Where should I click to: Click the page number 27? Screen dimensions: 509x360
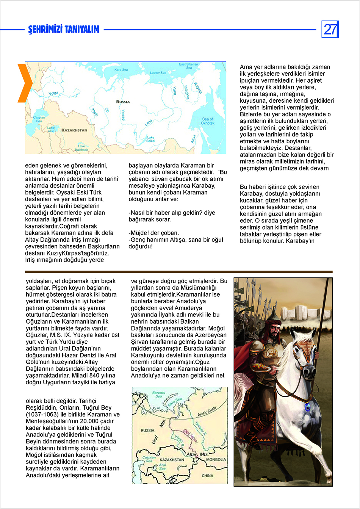coord(330,29)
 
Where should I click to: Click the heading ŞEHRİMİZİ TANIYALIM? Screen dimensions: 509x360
coord(64,30)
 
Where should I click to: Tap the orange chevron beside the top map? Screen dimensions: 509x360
coord(25,83)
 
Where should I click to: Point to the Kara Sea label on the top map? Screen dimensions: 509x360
coord(121,70)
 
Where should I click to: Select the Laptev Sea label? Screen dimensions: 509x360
coord(158,72)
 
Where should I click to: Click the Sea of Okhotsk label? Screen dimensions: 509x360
coord(207,121)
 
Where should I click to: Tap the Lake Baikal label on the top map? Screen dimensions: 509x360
coord(150,139)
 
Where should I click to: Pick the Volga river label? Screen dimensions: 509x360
coord(53,93)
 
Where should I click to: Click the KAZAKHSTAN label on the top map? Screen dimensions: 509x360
coord(74,130)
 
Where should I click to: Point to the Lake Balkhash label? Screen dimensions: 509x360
coord(81,148)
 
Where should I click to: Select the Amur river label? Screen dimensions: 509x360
coord(193,139)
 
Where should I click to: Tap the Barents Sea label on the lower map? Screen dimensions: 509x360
coord(158,394)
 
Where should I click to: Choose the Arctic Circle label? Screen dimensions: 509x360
coord(207,411)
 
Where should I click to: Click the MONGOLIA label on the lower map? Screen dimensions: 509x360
coord(216,459)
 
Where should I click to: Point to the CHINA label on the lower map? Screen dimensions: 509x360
coord(207,475)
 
